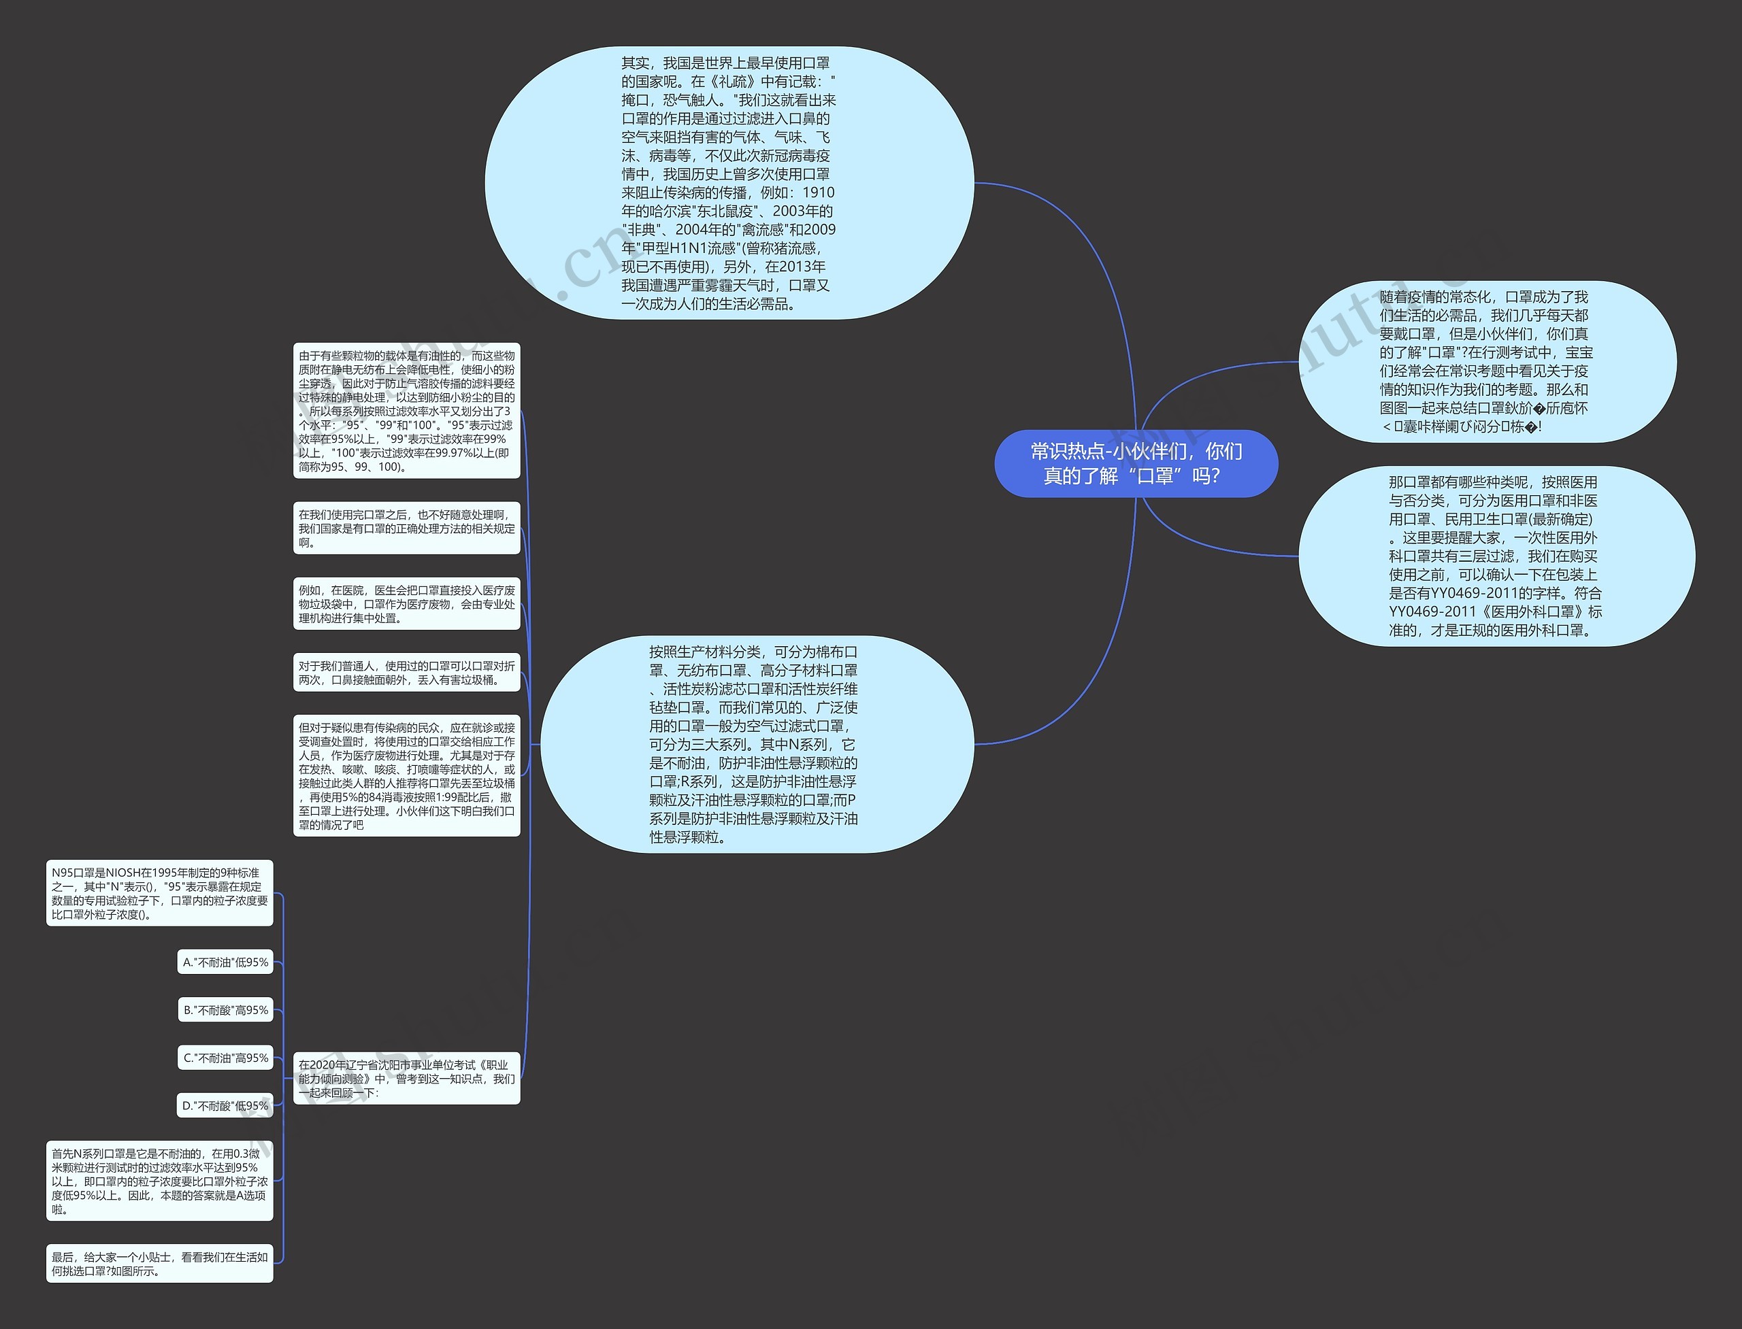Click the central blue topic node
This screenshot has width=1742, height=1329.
click(1136, 464)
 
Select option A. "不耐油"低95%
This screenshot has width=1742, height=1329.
click(225, 962)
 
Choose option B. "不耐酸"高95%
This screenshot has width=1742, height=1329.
click(225, 1010)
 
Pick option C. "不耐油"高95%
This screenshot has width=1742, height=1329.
click(225, 1058)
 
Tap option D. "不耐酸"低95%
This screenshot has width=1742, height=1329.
click(225, 1105)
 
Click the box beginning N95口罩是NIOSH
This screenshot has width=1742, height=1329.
click(159, 893)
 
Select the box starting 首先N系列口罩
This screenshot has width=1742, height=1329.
click(159, 1180)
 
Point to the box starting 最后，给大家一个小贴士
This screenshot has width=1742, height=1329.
click(159, 1263)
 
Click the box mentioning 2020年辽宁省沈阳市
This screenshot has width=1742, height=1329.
click(406, 1078)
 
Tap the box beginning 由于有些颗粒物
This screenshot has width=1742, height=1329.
click(406, 411)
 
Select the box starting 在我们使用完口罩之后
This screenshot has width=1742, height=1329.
click(406, 528)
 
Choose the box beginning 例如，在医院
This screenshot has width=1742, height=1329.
click(406, 603)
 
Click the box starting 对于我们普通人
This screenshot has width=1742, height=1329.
click(406, 673)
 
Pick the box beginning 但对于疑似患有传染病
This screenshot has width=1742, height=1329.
click(406, 775)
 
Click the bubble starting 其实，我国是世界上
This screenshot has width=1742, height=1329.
click(728, 183)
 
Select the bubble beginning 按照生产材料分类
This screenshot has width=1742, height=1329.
click(756, 743)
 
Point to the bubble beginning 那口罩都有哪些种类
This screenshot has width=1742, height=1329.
click(1496, 556)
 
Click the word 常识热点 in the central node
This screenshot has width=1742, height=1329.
click(1067, 451)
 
